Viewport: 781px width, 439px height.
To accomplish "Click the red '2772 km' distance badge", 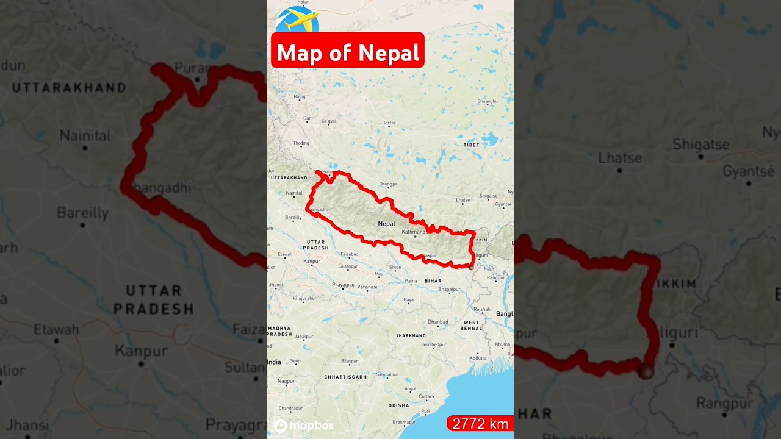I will (480, 424).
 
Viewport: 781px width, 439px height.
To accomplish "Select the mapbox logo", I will (304, 426).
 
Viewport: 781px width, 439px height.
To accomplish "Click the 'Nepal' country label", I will (386, 224).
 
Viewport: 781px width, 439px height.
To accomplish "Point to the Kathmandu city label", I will (414, 232).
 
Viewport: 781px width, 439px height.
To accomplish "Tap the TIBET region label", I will (471, 145).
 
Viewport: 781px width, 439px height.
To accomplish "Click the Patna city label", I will (411, 280).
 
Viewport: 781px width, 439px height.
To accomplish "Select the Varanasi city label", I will (367, 287).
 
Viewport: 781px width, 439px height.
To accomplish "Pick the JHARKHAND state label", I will (411, 335).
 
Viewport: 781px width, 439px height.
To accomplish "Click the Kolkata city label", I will (478, 358).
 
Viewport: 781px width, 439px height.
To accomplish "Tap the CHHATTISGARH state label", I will (345, 377).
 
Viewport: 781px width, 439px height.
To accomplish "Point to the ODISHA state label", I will (399, 405).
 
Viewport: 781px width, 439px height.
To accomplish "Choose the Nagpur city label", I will (286, 381).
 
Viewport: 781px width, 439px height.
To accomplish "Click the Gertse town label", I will (389, 123).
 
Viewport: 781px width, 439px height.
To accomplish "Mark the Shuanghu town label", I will (488, 101).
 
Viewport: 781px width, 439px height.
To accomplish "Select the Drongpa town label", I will (388, 184).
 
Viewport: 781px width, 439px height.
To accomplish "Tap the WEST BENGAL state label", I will (471, 325).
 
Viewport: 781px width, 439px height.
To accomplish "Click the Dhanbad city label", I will (437, 322).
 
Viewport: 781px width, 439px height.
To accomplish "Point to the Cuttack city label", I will (426, 396).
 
